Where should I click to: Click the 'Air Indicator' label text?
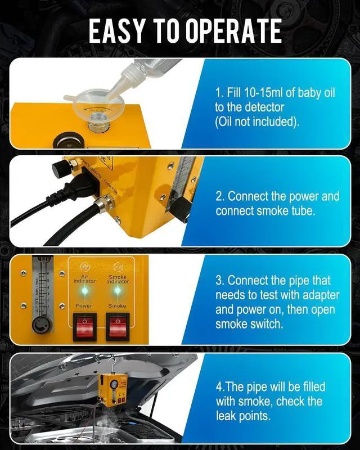point(84,278)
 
